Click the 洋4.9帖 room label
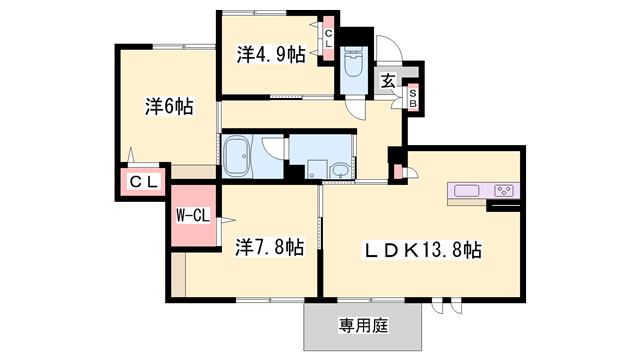270,54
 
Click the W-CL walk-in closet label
192,215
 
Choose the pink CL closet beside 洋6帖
141,182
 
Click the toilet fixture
353,63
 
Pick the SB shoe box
413,97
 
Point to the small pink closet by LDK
398,172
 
